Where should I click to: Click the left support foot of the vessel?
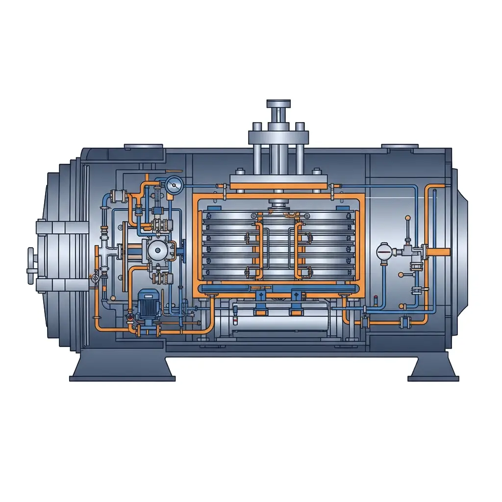pyautogui.click(x=122, y=368)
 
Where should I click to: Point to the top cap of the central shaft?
pyautogui.click(x=278, y=104)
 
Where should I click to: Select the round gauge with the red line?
pyautogui.click(x=383, y=252)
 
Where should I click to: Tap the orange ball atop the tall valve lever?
pyautogui.click(x=407, y=218)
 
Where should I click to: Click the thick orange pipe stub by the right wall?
pyautogui.click(x=439, y=251)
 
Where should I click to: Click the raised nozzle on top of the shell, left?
pyautogui.click(x=143, y=147)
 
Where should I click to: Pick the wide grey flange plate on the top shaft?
pyautogui.click(x=278, y=136)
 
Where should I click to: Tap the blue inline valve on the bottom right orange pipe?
pyautogui.click(x=405, y=322)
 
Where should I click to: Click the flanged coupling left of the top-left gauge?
pyautogui.click(x=118, y=196)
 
